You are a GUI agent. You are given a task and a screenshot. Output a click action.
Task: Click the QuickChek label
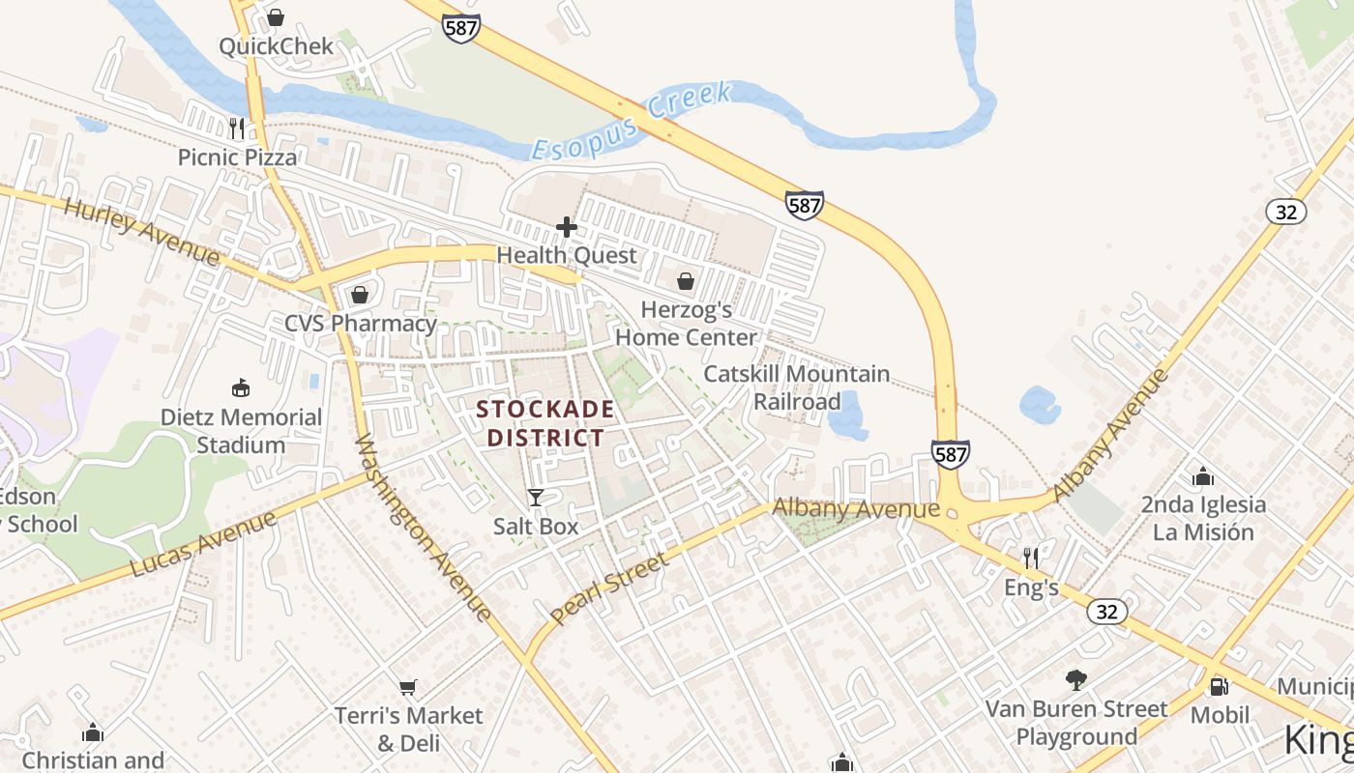pos(276,46)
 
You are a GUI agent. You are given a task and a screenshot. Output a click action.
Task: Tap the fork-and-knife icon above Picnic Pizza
pos(237,128)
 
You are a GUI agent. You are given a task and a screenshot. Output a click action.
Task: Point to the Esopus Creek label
pos(633,122)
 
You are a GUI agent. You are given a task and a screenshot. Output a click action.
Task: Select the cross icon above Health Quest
pos(567,228)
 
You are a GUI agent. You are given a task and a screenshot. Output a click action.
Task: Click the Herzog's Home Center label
pos(686,324)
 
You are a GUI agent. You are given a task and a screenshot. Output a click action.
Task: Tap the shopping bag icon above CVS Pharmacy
pos(360,295)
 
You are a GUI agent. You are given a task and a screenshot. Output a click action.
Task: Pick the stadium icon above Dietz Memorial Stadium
pos(241,388)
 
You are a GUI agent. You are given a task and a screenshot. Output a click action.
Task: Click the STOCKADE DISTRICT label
pos(545,423)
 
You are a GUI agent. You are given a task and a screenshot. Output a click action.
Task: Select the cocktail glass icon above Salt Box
pos(535,498)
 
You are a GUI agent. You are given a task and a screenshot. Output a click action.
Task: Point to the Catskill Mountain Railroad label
pos(797,387)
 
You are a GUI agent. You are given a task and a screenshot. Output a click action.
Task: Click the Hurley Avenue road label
pos(142,231)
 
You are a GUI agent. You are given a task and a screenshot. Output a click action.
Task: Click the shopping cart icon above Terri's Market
pos(408,687)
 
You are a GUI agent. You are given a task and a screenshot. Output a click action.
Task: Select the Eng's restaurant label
pos(1031,587)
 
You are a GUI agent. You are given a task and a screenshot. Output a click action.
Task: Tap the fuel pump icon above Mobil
pos(1219,686)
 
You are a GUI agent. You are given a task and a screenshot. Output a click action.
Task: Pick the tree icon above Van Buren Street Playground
pos(1075,680)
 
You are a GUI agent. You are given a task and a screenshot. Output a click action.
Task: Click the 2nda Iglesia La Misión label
pos(1203,518)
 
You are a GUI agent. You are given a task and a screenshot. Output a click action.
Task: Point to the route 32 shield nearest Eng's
pos(1106,612)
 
